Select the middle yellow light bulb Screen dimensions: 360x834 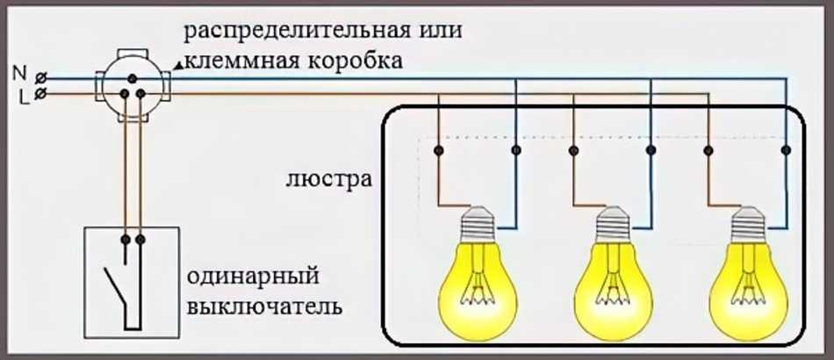(613, 281)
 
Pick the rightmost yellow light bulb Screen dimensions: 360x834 (748, 281)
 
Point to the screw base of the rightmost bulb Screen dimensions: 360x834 (748, 224)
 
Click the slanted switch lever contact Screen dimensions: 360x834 (113, 285)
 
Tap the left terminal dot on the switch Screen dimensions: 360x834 (125, 239)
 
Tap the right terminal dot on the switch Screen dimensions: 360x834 (140, 239)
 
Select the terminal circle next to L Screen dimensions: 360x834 (40, 91)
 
